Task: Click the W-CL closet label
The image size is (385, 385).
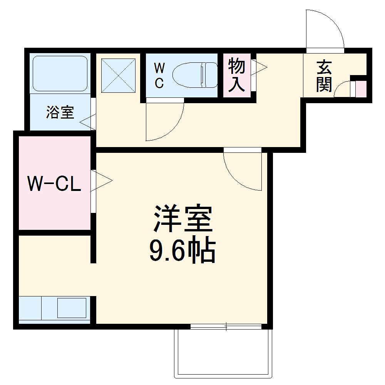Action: tap(54, 184)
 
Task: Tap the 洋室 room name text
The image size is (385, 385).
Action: tap(183, 218)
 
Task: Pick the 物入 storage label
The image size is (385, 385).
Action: tap(236, 75)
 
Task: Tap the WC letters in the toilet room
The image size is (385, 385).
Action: tap(159, 76)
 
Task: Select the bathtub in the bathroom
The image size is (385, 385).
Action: tap(60, 74)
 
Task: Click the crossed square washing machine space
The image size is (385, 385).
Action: tap(119, 75)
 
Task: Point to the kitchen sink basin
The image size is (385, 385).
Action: tap(72, 308)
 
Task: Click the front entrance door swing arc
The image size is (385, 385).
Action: tap(327, 27)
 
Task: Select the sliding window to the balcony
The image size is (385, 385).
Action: tap(226, 327)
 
